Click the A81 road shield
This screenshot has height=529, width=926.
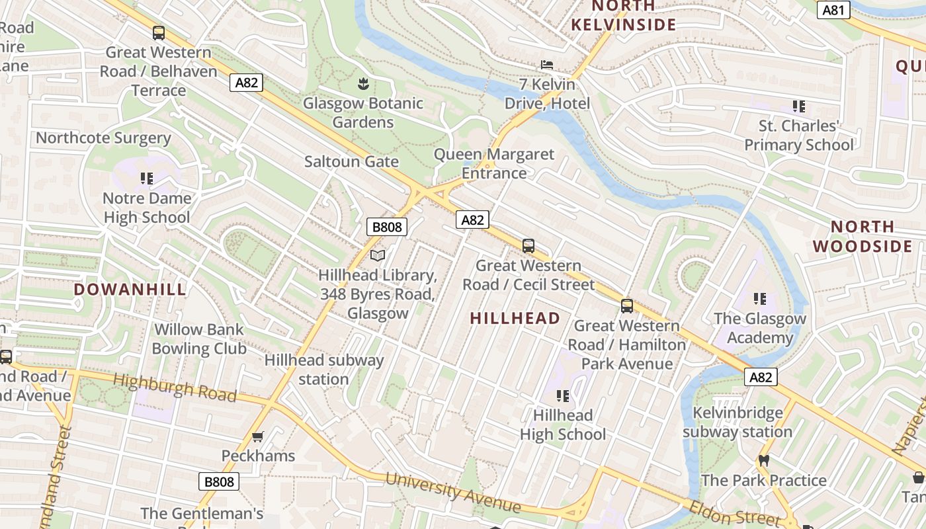pyautogui.click(x=833, y=10)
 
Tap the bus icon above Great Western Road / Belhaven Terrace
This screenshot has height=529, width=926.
pyautogui.click(x=158, y=32)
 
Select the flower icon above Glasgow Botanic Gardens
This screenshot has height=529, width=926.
pyautogui.click(x=362, y=83)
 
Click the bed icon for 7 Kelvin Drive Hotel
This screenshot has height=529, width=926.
pyautogui.click(x=547, y=65)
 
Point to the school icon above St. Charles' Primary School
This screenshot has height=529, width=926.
pyautogui.click(x=798, y=106)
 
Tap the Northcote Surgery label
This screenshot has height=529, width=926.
pyautogui.click(x=103, y=138)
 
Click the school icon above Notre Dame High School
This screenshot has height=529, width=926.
pyautogui.click(x=147, y=178)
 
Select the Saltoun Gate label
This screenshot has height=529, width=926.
pyautogui.click(x=351, y=162)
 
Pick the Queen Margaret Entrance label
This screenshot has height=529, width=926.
pyautogui.click(x=494, y=164)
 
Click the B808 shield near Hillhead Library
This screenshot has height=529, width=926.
pyautogui.click(x=387, y=227)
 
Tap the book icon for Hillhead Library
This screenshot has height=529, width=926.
pyautogui.click(x=378, y=255)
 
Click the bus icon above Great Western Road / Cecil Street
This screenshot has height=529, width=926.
pyautogui.click(x=528, y=246)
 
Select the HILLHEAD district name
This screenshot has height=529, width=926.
pyautogui.click(x=515, y=318)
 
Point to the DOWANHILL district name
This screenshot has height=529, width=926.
pyautogui.click(x=130, y=290)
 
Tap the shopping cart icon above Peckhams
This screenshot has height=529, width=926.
pyautogui.click(x=258, y=436)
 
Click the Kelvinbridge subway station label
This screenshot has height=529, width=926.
pyautogui.click(x=737, y=423)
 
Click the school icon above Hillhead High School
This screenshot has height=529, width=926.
pyautogui.click(x=562, y=395)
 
